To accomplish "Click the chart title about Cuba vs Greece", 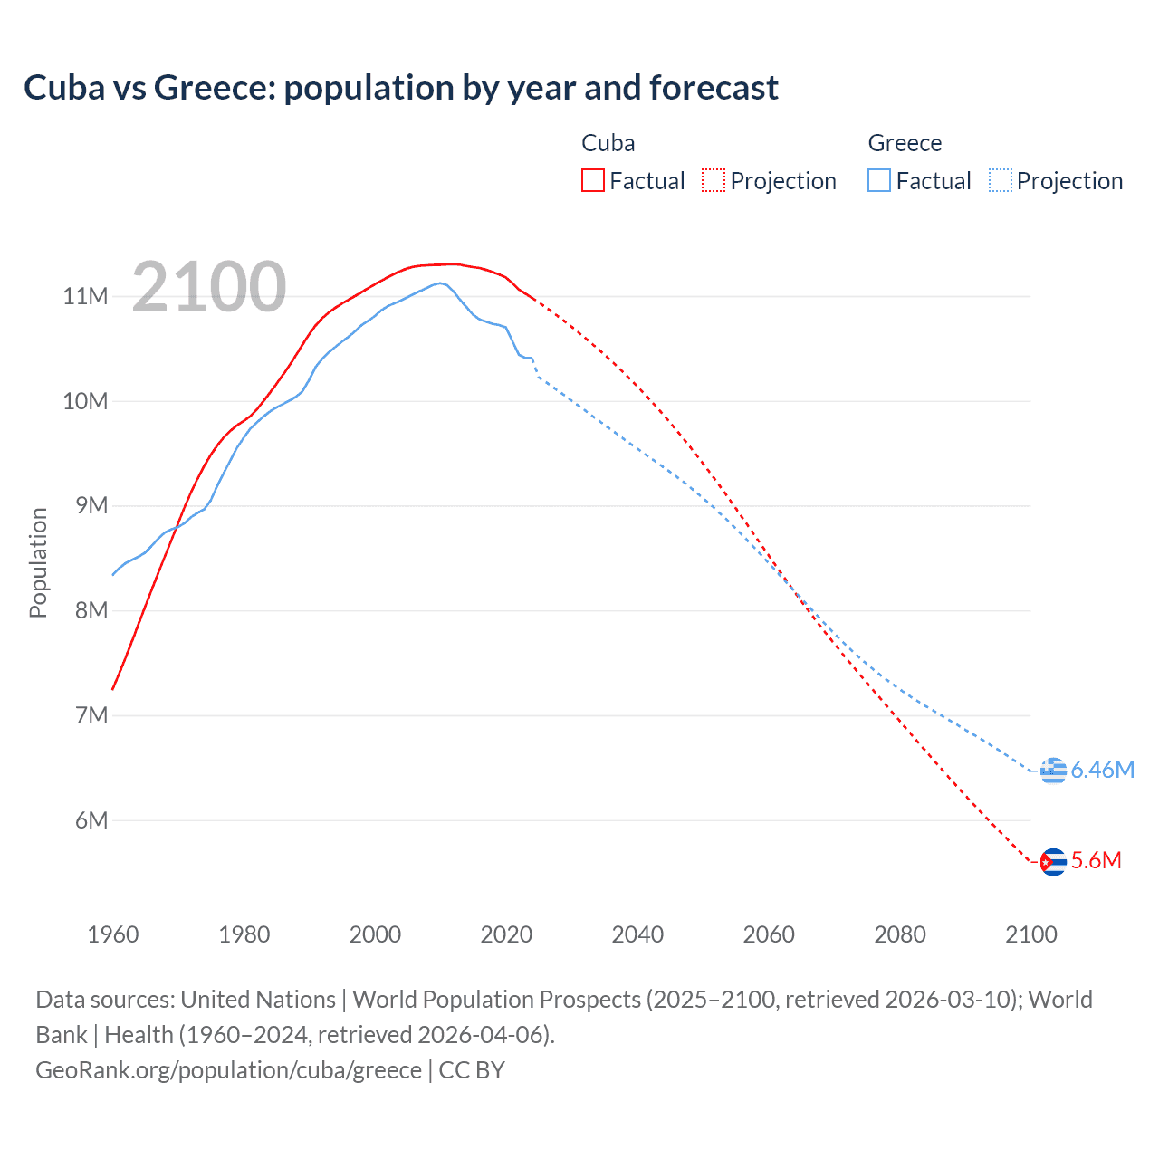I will pos(400,88).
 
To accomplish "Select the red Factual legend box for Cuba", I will pos(592,180).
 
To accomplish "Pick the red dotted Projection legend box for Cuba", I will pos(714,180).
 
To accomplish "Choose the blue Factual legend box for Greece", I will pos(878,180).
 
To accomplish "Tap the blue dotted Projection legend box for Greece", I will pos(1000,180).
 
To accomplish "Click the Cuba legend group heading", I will pos(608,143).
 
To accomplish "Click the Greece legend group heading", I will pos(905,143).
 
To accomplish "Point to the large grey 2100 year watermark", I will pos(209,287).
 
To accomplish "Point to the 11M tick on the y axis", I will pos(85,296).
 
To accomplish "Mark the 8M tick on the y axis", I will pos(91,610).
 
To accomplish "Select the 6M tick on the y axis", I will pos(91,820).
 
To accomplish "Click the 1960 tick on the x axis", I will pos(113,934).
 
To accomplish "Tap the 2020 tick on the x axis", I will pos(506,934).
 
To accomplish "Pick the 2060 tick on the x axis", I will pos(769,934).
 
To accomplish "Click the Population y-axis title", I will pos(38,562).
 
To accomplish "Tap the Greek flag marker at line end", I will pos(1052,771).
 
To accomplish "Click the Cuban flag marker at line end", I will pos(1052,861).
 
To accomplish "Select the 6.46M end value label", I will pos(1102,770).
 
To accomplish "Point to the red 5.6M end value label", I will pos(1096,860).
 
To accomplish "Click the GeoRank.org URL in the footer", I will pos(228,1070).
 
